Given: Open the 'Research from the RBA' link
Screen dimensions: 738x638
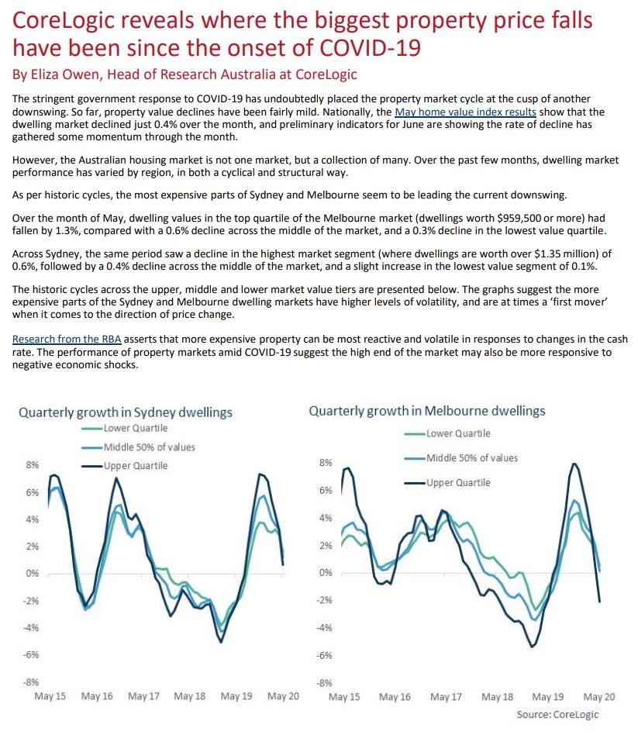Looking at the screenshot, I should point(67,340).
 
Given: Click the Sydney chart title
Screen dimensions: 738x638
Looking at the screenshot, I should point(126,412).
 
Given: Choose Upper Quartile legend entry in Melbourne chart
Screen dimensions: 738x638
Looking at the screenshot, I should point(458,482).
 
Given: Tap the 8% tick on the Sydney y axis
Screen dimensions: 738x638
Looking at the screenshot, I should point(32,465).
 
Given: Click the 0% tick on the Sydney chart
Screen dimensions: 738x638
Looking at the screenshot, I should point(32,574).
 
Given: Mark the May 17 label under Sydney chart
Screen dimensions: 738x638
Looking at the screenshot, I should point(143,696).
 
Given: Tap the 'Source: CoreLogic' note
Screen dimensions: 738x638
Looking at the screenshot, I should point(557,714).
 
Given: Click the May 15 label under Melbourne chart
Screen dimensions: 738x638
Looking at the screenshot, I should point(344,697).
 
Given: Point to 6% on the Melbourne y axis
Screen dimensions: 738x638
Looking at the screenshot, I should point(326,491).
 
